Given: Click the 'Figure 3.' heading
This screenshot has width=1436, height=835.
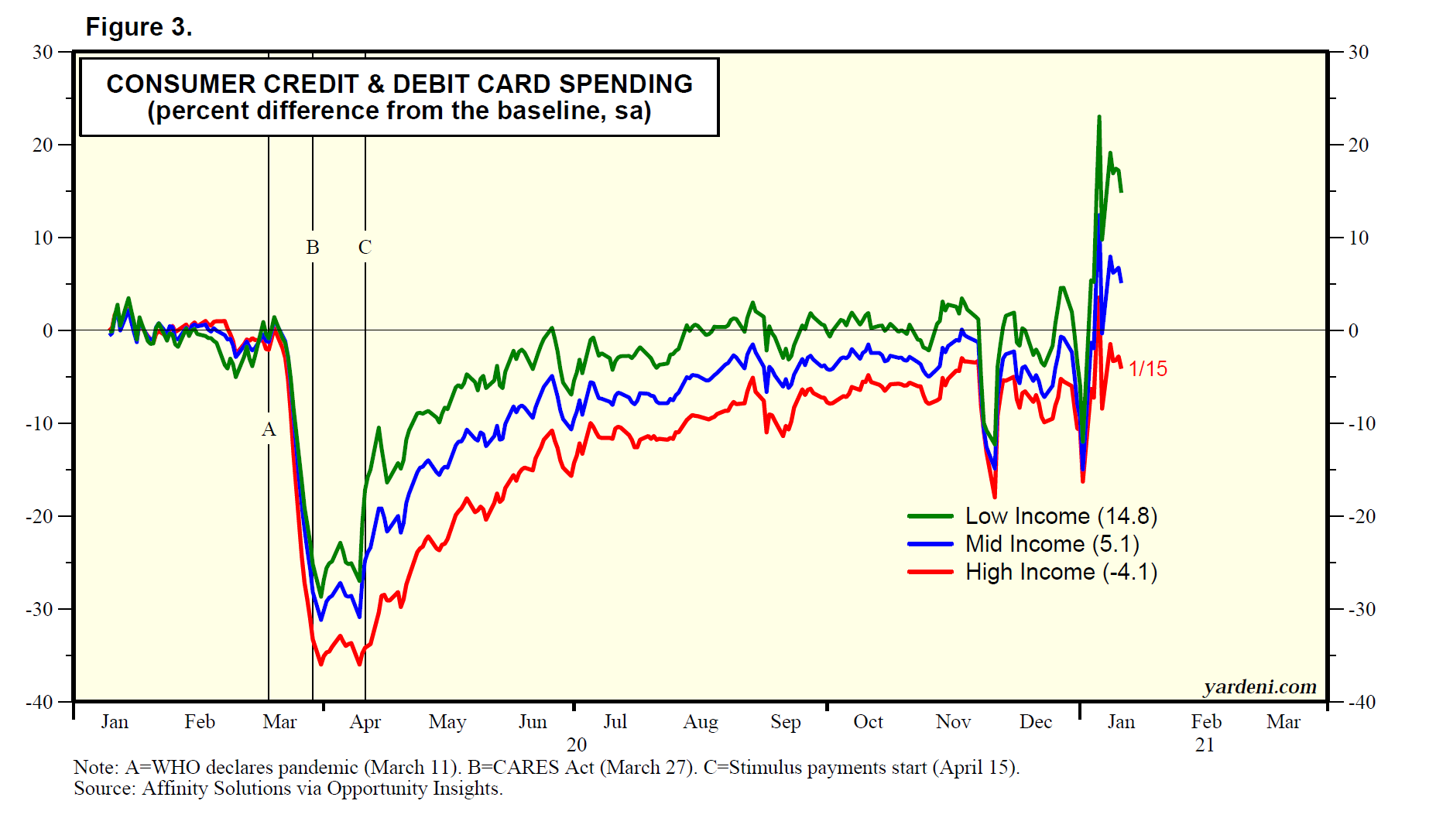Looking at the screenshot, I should tap(139, 27).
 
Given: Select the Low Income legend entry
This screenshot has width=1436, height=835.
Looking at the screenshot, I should tap(1061, 516).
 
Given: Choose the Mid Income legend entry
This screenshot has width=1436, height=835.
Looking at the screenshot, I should tap(1051, 544).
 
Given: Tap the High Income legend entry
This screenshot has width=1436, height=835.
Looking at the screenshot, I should tap(1061, 572).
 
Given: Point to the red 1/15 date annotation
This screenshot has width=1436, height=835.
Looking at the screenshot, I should tap(1147, 368).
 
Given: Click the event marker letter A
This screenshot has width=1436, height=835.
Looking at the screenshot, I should tap(269, 429).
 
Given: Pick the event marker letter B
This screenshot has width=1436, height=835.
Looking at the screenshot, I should tap(313, 247).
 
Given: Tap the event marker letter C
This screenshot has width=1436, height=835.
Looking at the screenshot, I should tap(365, 247).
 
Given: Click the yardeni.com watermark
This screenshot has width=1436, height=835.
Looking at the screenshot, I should tap(1259, 686).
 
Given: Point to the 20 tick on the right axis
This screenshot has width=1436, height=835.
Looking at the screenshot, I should tap(1359, 145).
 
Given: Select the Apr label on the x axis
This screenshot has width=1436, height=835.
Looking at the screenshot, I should tap(365, 722).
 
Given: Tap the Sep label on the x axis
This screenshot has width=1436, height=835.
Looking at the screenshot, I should tap(785, 722).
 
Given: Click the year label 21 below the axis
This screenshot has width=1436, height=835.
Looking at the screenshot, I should tap(1205, 744).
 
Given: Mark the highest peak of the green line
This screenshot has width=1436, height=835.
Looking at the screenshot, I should tap(1098, 117).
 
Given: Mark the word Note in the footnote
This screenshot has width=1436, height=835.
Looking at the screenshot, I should tap(94, 767).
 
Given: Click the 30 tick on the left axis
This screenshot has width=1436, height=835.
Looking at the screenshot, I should tap(43, 52).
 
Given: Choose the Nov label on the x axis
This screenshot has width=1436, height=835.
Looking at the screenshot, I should tap(953, 722).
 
